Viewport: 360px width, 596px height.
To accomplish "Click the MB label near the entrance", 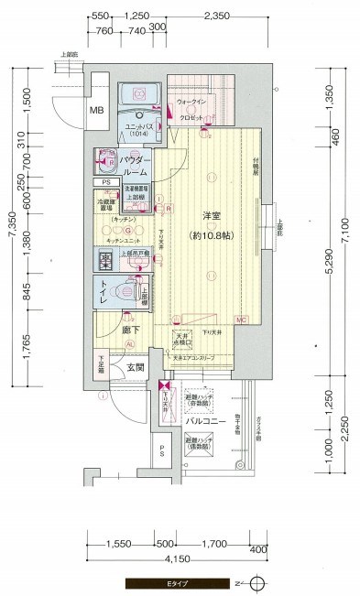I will (x=97, y=112).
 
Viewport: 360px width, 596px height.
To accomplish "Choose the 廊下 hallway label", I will (x=129, y=330).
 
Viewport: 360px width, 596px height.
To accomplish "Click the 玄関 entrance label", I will (x=136, y=368).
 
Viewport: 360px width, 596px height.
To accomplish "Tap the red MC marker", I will (x=240, y=320).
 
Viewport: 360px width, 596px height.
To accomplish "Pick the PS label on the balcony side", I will (x=161, y=450).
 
